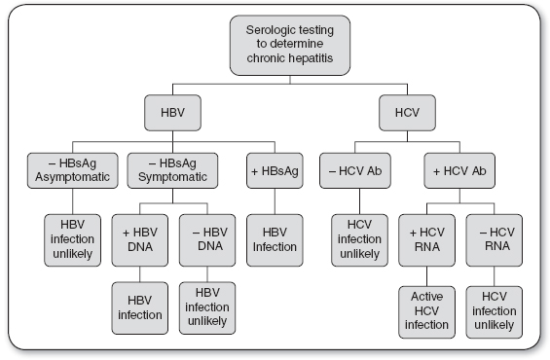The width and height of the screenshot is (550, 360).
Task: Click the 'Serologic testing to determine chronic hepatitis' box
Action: coord(290,45)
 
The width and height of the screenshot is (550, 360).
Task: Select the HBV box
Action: coord(172,113)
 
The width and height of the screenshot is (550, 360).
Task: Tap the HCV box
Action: coord(407,113)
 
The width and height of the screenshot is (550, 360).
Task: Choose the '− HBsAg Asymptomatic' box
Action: coord(73,170)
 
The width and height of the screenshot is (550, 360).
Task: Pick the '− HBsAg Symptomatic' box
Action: coord(172,170)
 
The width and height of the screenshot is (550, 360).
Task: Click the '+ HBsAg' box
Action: coord(275,170)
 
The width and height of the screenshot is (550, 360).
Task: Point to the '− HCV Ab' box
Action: coord(355,170)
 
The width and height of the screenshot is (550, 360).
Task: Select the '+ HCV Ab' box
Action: coord(459,170)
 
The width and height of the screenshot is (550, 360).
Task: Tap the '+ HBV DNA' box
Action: coord(140,240)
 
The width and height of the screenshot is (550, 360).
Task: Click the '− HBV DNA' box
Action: coord(207,240)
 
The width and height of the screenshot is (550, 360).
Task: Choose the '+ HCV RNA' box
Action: coord(427,240)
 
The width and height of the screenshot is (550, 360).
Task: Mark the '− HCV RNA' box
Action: coord(495,240)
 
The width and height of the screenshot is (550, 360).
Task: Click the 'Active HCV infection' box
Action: coord(427,312)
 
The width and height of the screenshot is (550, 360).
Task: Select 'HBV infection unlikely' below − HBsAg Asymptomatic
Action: coord(73,240)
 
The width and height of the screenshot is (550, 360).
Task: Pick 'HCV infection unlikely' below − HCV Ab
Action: coord(359,240)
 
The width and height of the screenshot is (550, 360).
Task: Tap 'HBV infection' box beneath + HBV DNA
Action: coord(140,308)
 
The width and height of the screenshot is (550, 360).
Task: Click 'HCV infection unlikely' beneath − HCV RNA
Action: coord(495,312)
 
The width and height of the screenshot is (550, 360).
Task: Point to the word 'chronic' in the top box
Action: coord(261,57)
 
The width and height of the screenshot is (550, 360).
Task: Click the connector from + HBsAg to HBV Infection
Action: coord(275,201)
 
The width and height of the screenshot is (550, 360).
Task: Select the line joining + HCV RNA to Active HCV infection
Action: coord(427,276)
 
